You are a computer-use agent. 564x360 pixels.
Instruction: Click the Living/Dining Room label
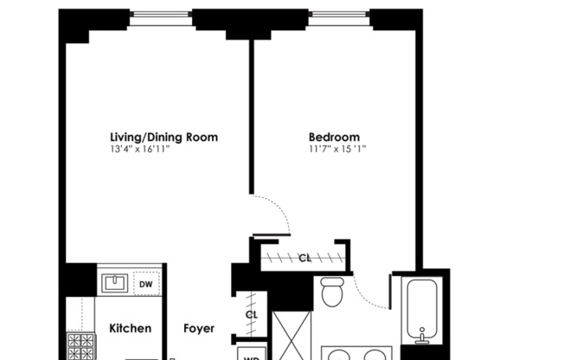tap(163, 137)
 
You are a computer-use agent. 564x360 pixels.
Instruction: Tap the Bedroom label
tap(334, 137)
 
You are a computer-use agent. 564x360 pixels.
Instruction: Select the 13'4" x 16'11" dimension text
tap(139, 149)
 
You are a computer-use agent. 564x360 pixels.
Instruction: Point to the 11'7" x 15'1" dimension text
tap(337, 149)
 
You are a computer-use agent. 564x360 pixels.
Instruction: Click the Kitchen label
tap(131, 328)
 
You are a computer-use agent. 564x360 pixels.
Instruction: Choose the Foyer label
tap(199, 328)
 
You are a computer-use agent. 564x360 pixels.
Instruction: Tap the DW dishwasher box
tap(146, 284)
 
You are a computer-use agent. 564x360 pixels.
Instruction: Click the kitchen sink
tap(115, 283)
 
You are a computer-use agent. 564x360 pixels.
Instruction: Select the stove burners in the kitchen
tap(81, 346)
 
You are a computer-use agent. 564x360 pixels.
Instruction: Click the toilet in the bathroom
tap(331, 292)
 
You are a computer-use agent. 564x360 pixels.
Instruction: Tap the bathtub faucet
tap(422, 336)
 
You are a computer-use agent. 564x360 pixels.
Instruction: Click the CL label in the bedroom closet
tap(304, 258)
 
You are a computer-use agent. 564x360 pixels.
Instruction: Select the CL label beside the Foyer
tap(252, 315)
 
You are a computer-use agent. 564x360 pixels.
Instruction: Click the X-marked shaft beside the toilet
tap(292, 336)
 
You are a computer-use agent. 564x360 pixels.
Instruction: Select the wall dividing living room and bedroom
tap(252, 117)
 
